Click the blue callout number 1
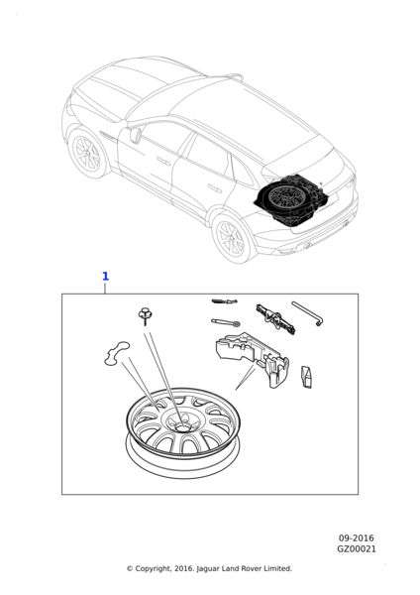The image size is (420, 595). (x=105, y=277)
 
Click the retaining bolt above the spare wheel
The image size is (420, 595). (x=144, y=315)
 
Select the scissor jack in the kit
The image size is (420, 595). (x=275, y=319)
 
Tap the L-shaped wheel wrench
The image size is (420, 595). (x=307, y=313)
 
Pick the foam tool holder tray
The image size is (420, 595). (x=253, y=359)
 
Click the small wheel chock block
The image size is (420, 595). (x=307, y=377)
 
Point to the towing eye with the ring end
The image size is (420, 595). (x=226, y=322)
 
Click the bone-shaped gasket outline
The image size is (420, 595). (x=117, y=354)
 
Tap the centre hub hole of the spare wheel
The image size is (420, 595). (x=182, y=426)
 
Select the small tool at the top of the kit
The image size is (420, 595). (x=225, y=301)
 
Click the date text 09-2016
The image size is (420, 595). (x=356, y=538)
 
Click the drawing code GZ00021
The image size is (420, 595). (x=357, y=548)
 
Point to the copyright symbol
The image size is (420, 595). (x=130, y=568)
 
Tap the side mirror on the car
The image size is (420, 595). (x=136, y=135)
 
